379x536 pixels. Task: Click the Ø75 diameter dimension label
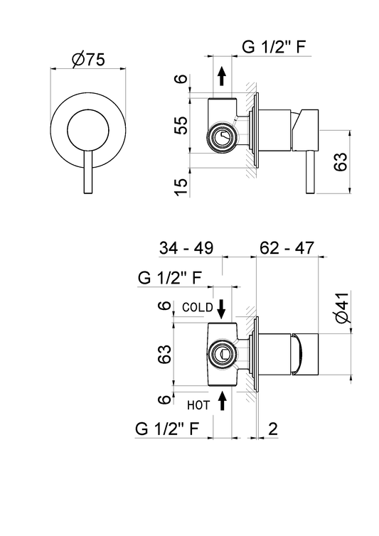[x=88, y=60]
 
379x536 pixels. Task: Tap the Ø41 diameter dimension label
[x=342, y=307]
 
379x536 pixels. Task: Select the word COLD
[x=198, y=307]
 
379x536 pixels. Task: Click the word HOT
[x=198, y=405]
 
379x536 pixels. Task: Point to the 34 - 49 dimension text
[x=186, y=248]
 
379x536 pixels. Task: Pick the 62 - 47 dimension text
[x=287, y=248]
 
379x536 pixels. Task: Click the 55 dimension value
[x=181, y=126]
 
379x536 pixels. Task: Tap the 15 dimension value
[x=181, y=188]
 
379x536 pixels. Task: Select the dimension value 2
[x=272, y=429]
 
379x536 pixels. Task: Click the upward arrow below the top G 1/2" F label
[x=222, y=76]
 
